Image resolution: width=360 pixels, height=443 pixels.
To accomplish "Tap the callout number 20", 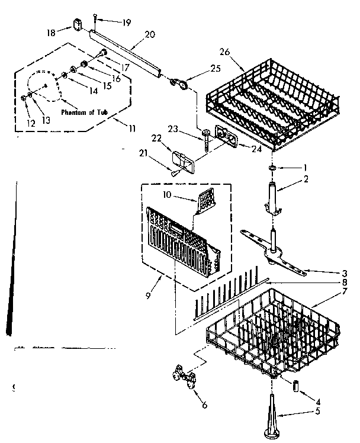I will click(150, 34).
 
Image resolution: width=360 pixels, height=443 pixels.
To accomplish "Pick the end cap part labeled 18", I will click(78, 24).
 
